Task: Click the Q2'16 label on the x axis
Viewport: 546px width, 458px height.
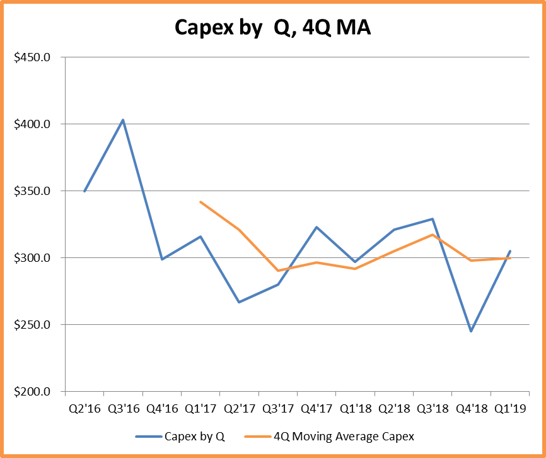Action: (x=84, y=408)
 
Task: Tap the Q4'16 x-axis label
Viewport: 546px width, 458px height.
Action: (x=161, y=408)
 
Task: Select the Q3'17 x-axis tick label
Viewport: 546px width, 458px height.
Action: (x=277, y=408)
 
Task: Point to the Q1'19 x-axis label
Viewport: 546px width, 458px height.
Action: (x=509, y=408)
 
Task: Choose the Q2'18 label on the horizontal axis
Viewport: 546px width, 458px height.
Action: (x=393, y=408)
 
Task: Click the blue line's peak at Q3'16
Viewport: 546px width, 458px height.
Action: (x=123, y=120)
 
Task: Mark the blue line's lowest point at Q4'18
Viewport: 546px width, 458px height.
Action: (x=471, y=331)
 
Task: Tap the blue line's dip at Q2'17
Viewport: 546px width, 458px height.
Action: (x=239, y=302)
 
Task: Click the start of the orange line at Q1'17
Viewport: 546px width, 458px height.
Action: (x=200, y=202)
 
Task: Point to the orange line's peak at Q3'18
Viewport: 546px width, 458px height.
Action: (x=433, y=235)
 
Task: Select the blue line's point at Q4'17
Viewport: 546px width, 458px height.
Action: (x=317, y=227)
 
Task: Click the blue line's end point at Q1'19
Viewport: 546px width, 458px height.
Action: (x=509, y=251)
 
